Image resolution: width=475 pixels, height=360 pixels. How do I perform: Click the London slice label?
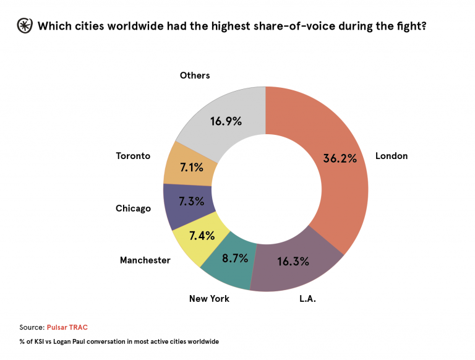pyautogui.click(x=392, y=156)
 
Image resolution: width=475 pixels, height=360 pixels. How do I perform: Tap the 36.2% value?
pyautogui.click(x=340, y=158)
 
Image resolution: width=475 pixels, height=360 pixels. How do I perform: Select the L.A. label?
pyautogui.click(x=307, y=298)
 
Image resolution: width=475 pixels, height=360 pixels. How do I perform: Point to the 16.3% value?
pyautogui.click(x=293, y=261)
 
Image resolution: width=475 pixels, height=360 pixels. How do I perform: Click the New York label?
pyautogui.click(x=209, y=299)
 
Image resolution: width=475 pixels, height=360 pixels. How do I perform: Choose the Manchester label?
pyautogui.click(x=145, y=260)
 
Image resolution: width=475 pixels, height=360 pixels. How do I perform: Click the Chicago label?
pyautogui.click(x=133, y=208)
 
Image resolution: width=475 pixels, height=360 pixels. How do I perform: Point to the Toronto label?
pyautogui.click(x=133, y=156)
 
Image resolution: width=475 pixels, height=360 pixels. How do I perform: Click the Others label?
pyautogui.click(x=195, y=75)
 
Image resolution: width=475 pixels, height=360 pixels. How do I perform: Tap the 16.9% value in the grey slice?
pyautogui.click(x=225, y=121)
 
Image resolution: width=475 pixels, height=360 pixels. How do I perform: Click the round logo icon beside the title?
pyautogui.click(x=24, y=26)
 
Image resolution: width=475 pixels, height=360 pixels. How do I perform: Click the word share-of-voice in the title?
pyautogui.click(x=285, y=27)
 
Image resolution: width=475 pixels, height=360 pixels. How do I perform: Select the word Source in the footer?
pyautogui.click(x=31, y=327)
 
